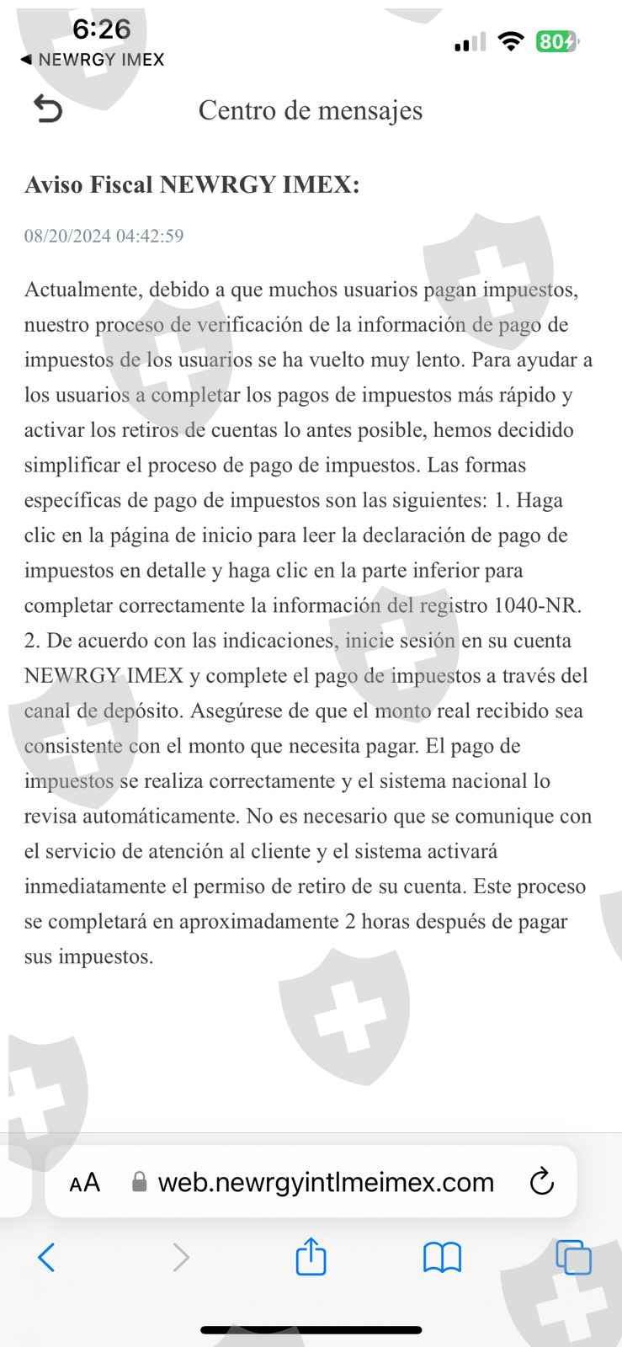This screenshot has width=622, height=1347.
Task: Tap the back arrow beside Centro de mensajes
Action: pos(47,109)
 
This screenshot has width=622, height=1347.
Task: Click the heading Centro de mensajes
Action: pos(311,110)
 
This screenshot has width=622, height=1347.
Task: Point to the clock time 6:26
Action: pos(101,29)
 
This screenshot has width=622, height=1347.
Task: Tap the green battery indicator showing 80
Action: pos(556,41)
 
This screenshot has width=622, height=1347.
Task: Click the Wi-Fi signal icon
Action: pos(510,40)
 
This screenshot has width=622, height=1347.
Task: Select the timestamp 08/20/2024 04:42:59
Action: pos(104,236)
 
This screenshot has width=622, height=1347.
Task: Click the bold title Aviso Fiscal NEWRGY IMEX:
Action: pos(192,184)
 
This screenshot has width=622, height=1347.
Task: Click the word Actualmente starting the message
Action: pos(81,290)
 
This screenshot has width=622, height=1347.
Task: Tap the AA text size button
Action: pos(84,1183)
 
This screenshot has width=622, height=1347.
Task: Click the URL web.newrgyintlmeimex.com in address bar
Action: pos(326,1183)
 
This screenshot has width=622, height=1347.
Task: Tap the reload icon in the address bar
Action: pos(542,1182)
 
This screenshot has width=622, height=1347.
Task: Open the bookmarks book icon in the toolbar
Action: pos(442,1259)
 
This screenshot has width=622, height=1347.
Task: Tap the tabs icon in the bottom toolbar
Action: pos(573,1259)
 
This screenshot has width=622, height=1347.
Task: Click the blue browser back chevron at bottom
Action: pos(47,1258)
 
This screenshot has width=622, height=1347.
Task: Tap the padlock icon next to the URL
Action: pos(140,1183)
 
